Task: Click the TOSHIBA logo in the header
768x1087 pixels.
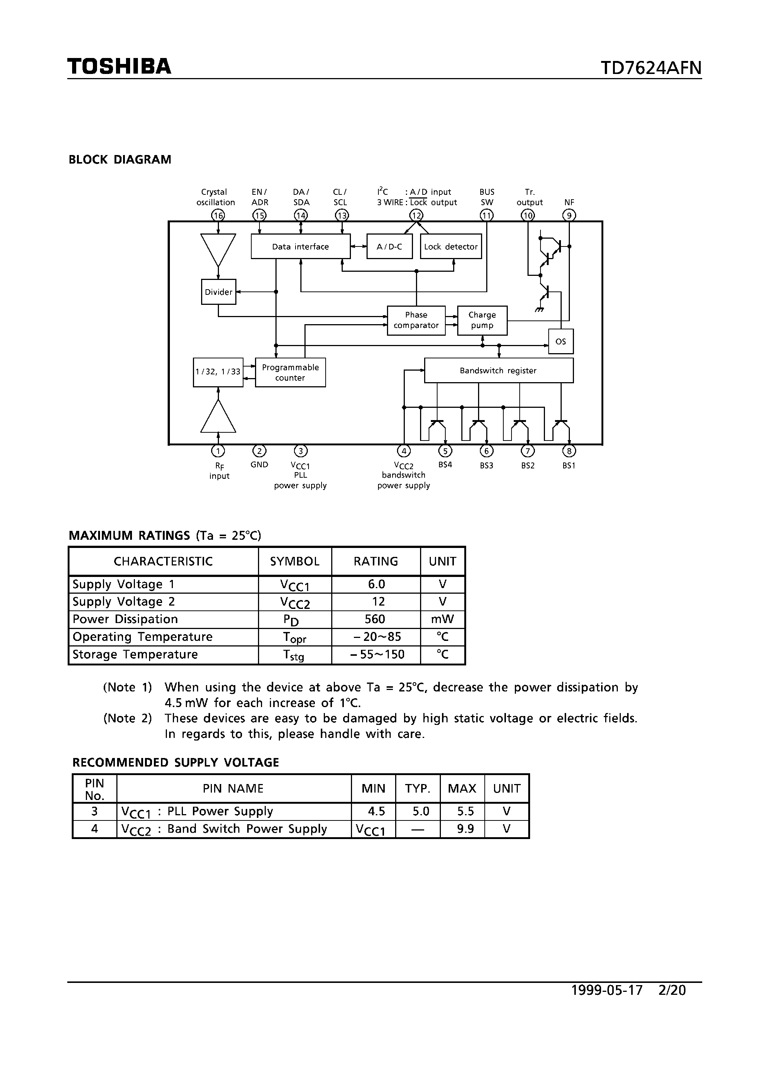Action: click(x=119, y=66)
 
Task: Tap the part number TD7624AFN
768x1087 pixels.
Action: click(x=651, y=68)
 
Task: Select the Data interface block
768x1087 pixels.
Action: click(x=300, y=246)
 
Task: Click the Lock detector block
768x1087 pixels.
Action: click(x=451, y=246)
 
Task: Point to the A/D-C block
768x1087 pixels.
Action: click(x=389, y=246)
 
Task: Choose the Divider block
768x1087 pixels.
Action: click(x=218, y=291)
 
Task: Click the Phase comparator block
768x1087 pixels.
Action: click(x=416, y=320)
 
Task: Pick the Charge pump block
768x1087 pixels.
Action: click(x=482, y=320)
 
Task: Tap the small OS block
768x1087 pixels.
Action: click(x=561, y=341)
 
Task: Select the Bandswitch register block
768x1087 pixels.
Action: click(x=498, y=370)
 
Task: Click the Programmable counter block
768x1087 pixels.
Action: click(x=290, y=372)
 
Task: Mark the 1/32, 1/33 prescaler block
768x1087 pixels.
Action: click(x=218, y=372)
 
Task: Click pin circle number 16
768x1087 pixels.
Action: click(x=218, y=215)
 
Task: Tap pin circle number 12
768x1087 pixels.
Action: click(x=416, y=215)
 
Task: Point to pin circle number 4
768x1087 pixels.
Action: click(x=404, y=451)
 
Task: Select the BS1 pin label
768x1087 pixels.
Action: click(x=569, y=465)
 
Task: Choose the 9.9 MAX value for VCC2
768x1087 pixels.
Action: click(x=465, y=829)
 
